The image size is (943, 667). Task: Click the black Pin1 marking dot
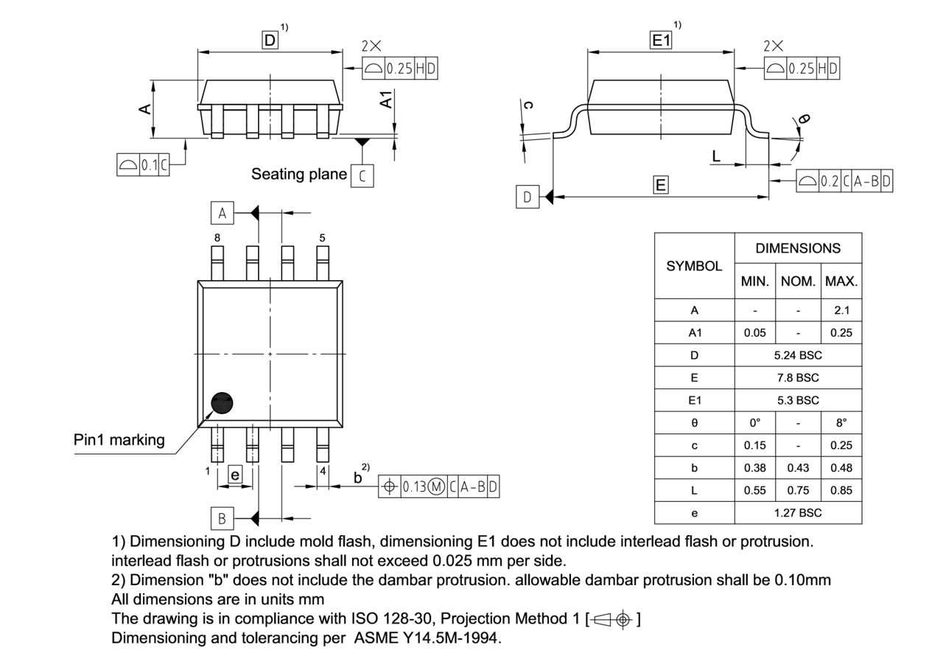pyautogui.click(x=222, y=402)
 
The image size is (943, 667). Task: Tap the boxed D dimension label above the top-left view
pyautogui.click(x=270, y=41)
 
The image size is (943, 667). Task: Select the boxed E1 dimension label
pyautogui.click(x=661, y=41)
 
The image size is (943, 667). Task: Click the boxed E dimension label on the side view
pyautogui.click(x=661, y=185)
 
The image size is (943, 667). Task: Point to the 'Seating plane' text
pyautogui.click(x=298, y=175)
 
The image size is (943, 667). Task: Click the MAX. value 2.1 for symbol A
pyautogui.click(x=841, y=310)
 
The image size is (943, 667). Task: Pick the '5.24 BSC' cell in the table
pyautogui.click(x=798, y=355)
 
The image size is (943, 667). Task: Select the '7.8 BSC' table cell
pyautogui.click(x=798, y=377)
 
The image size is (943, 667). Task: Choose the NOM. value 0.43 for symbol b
pyautogui.click(x=798, y=467)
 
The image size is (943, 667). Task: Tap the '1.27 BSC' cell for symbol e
pyautogui.click(x=798, y=512)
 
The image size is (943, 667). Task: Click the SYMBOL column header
pyautogui.click(x=694, y=266)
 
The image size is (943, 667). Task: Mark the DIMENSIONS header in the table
pyautogui.click(x=798, y=248)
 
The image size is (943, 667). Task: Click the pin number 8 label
pyautogui.click(x=217, y=237)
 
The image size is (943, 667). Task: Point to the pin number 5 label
pyautogui.click(x=322, y=237)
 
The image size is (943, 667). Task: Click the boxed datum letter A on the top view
pyautogui.click(x=222, y=214)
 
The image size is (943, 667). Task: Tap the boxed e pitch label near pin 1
pyautogui.click(x=235, y=475)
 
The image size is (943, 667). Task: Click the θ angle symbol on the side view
pyautogui.click(x=804, y=119)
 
